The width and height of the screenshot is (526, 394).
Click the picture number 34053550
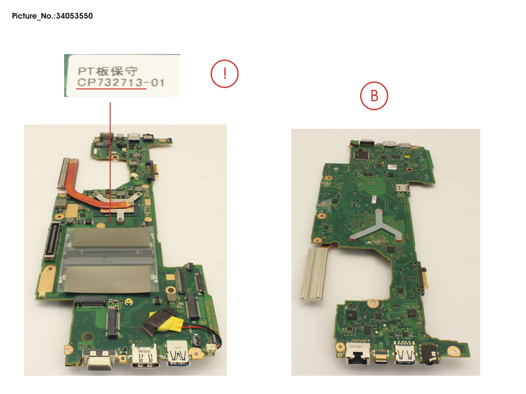pyautogui.click(x=74, y=16)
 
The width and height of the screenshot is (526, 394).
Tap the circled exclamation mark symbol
pyautogui.click(x=225, y=74)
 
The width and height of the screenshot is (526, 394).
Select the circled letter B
pyautogui.click(x=374, y=96)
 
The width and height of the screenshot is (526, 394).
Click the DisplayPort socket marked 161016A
pyautogui.click(x=145, y=356)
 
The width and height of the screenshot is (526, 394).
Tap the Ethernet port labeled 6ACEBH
pyautogui.click(x=357, y=354)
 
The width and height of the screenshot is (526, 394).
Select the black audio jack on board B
pyautogui.click(x=430, y=355)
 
